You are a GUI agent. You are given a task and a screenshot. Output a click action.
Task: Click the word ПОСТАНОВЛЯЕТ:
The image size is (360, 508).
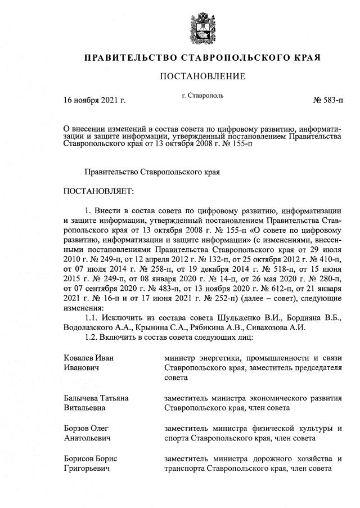pos(99,192)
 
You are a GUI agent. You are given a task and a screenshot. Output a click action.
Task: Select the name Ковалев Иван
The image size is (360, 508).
pos(93,358)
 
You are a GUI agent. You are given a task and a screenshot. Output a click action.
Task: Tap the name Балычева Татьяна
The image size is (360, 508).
pos(96,398)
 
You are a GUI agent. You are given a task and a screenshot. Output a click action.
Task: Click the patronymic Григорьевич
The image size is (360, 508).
pos(87,467)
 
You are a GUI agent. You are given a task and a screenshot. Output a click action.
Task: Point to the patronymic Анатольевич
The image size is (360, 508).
pos(87,437)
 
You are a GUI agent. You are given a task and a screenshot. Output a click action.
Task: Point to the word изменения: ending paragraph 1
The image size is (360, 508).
pos(84,308)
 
